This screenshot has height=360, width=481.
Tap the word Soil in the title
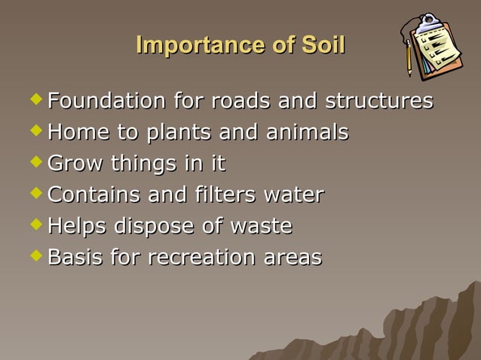322,45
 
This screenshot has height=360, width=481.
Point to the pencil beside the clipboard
409,57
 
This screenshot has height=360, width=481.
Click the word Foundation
106,101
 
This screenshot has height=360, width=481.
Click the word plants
180,133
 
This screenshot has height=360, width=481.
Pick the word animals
305,133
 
